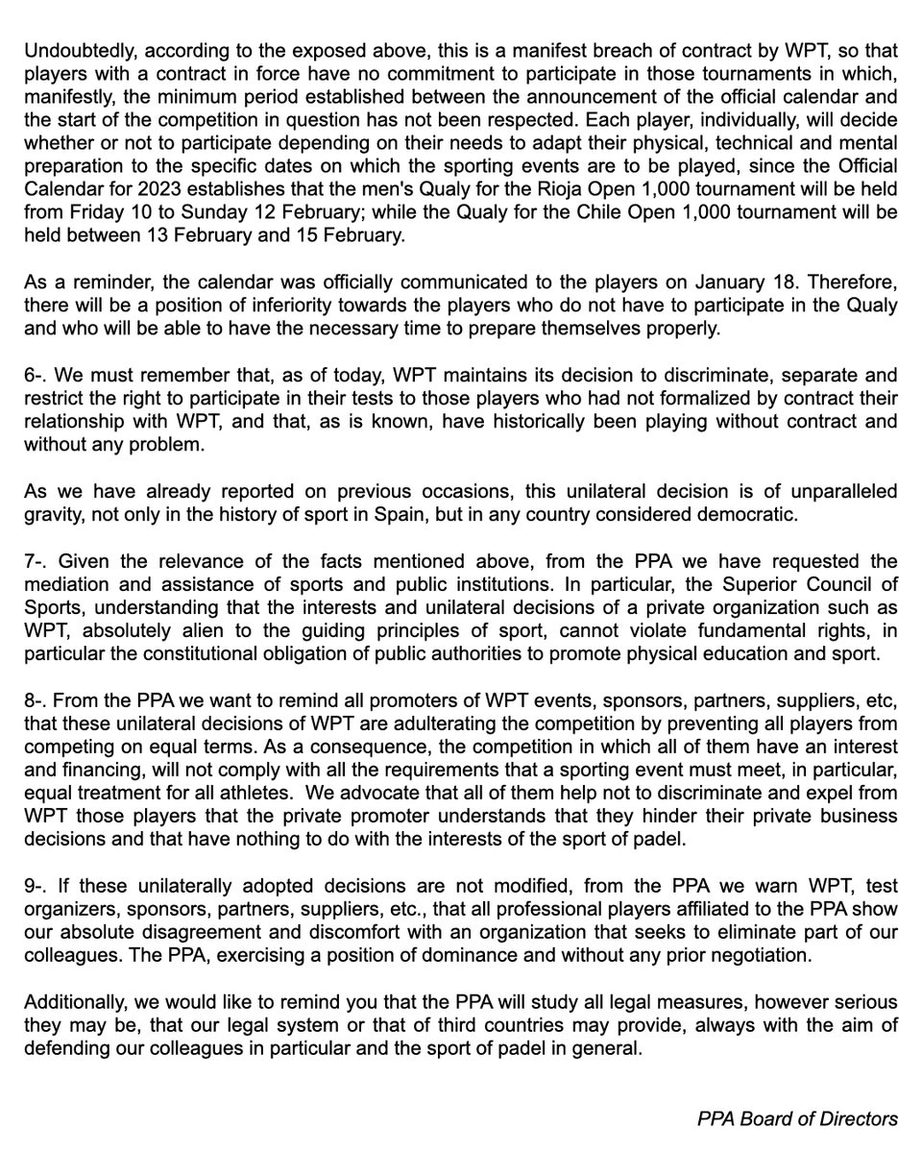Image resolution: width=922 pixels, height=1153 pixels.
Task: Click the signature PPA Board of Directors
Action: coord(797,1119)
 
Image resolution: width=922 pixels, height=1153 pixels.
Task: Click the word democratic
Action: coord(749,514)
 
